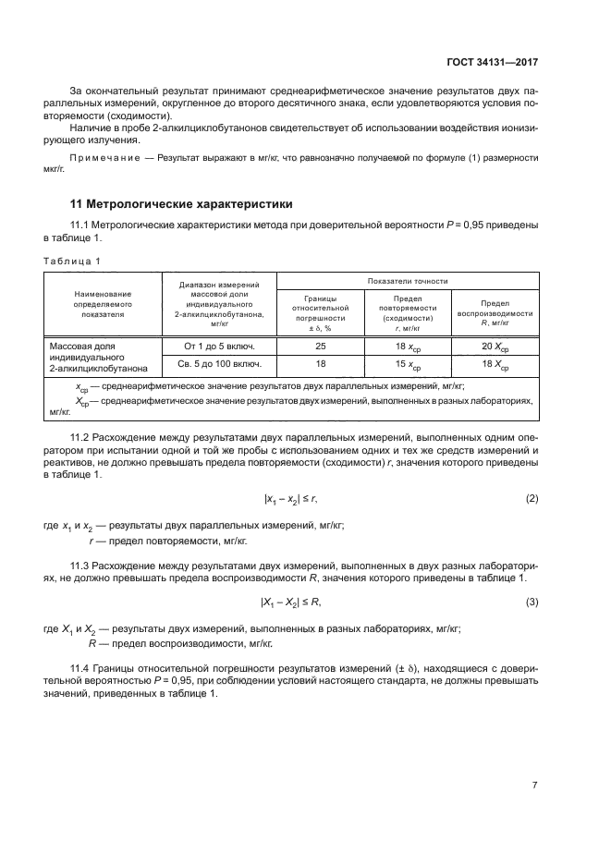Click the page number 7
(535, 785)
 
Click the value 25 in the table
(320, 347)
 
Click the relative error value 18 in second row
(320, 365)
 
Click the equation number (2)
(532, 499)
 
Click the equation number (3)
(532, 602)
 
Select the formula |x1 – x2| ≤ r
(290, 499)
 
